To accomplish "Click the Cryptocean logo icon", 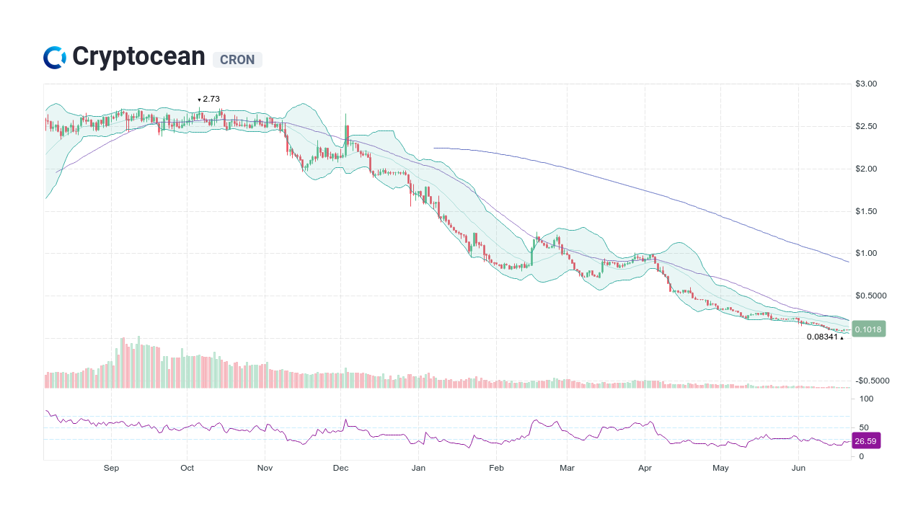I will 54,58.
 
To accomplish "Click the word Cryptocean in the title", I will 138,57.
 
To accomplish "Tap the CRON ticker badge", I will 237,60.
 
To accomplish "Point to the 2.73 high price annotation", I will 211,99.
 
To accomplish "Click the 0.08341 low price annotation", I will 823,337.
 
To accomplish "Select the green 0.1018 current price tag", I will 867,329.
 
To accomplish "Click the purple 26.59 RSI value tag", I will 866,441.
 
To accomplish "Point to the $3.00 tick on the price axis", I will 866,84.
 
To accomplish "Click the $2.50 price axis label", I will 866,127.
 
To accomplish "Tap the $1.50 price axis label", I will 866,211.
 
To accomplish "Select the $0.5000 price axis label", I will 870,296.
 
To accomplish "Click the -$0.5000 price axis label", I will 872,381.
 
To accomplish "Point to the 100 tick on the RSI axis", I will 866,399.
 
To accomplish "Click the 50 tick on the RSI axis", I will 864,427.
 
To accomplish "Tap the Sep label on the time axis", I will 111,468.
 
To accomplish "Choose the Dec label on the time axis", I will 341,468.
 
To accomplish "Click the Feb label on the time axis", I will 496,468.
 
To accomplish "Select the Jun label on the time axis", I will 798,468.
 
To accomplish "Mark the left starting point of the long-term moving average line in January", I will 434,148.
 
